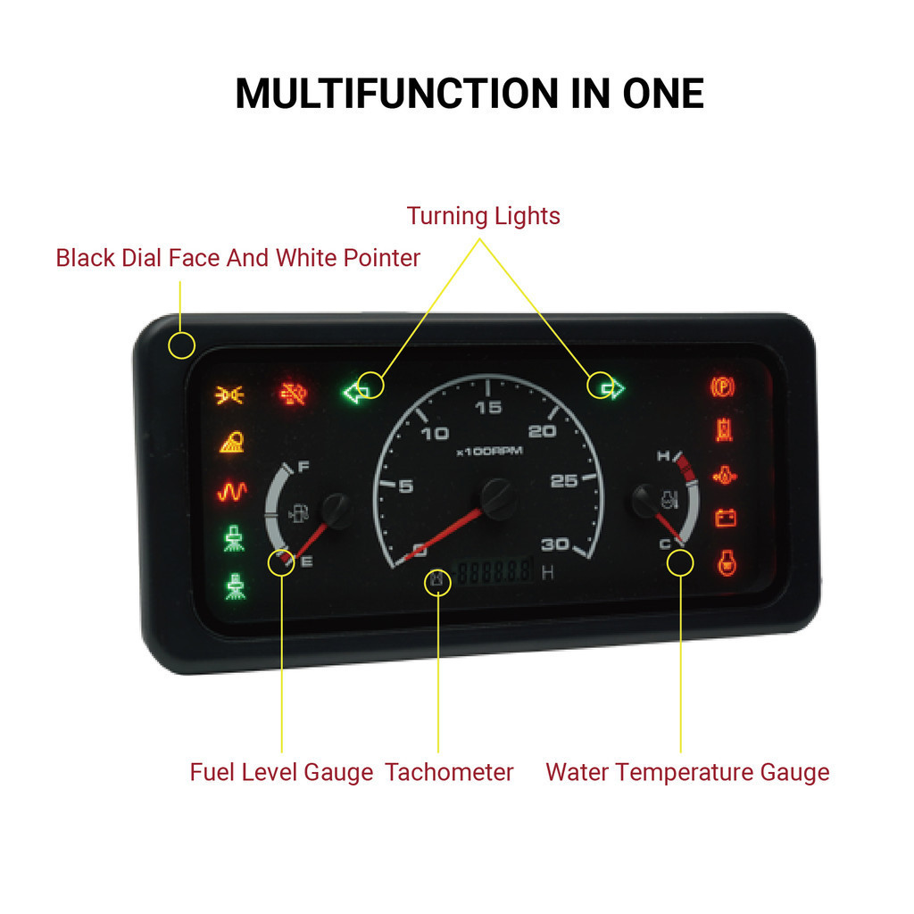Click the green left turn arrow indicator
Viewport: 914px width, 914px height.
[x=356, y=392]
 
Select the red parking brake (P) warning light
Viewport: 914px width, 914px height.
[x=722, y=386]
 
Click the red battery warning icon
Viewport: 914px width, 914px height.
[x=726, y=519]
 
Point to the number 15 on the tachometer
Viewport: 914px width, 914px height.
[x=488, y=408]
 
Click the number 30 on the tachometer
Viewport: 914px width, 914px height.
[x=555, y=544]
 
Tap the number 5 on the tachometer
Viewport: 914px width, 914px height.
[x=406, y=486]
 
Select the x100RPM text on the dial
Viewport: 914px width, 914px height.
[x=489, y=451]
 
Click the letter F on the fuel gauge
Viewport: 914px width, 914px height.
[x=302, y=467]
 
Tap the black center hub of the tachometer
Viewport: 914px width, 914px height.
[x=496, y=496]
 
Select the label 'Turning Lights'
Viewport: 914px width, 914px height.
[x=483, y=216]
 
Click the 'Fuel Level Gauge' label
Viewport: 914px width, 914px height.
[x=281, y=772]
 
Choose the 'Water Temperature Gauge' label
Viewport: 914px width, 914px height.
[x=687, y=772]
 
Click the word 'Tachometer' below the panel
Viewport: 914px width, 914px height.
[x=449, y=772]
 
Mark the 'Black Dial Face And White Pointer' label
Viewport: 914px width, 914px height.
[x=237, y=258]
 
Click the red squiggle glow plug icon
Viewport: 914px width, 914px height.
[x=232, y=492]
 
